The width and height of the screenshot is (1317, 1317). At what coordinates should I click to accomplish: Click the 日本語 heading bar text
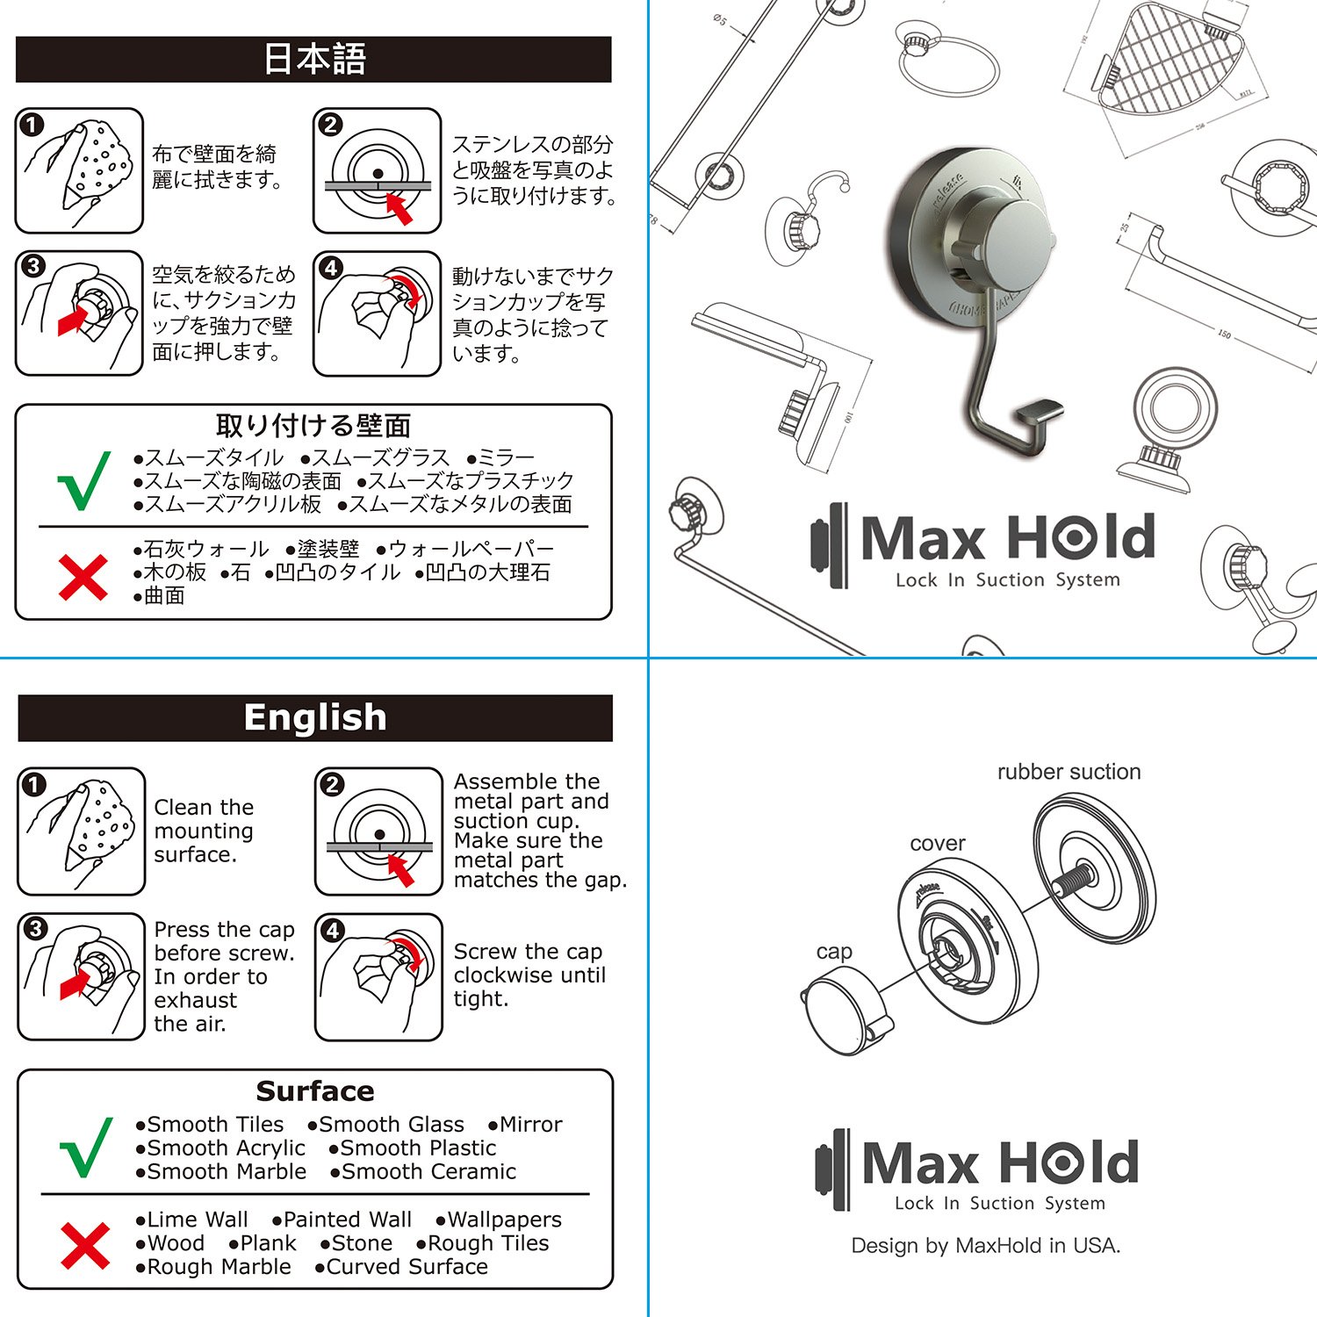(x=314, y=59)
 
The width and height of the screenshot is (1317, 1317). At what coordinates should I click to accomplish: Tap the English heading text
(x=315, y=717)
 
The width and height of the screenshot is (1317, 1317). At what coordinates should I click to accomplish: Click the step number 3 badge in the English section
(x=35, y=929)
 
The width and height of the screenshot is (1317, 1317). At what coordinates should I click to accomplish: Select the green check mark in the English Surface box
(x=86, y=1148)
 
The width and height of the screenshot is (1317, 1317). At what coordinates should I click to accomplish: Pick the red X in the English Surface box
(x=85, y=1246)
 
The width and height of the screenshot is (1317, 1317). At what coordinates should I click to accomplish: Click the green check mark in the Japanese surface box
(x=84, y=480)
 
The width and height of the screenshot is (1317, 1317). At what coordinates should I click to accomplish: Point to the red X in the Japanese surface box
(x=83, y=578)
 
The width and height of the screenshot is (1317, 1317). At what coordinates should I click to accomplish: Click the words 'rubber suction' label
(x=1069, y=772)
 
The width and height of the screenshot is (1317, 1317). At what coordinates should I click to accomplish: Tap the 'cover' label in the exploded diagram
(x=938, y=844)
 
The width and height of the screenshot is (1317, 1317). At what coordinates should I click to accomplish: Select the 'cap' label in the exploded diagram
(x=834, y=953)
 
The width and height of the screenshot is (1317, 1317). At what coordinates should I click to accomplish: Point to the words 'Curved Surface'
(x=407, y=1267)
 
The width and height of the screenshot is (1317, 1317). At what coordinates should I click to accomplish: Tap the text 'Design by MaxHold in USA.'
(x=985, y=1246)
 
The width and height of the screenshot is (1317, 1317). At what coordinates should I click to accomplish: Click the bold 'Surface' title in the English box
(x=315, y=1091)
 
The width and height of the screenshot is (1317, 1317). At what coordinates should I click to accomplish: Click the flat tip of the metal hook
(x=1039, y=413)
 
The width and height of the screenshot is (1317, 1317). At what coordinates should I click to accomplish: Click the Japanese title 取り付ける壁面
(x=313, y=426)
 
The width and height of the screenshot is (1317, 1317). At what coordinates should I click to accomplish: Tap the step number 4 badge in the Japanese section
(x=331, y=268)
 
